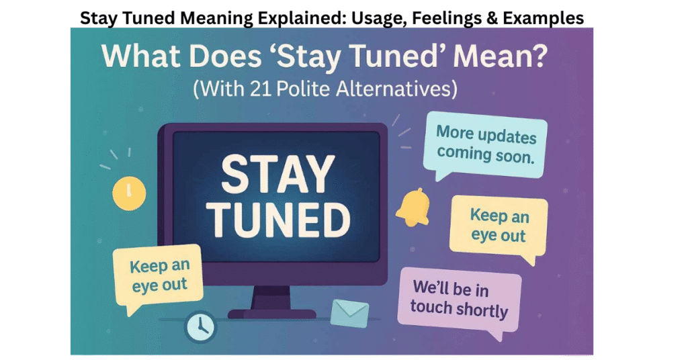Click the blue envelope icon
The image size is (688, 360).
click(350, 311)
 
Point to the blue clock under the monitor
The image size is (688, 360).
click(200, 326)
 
